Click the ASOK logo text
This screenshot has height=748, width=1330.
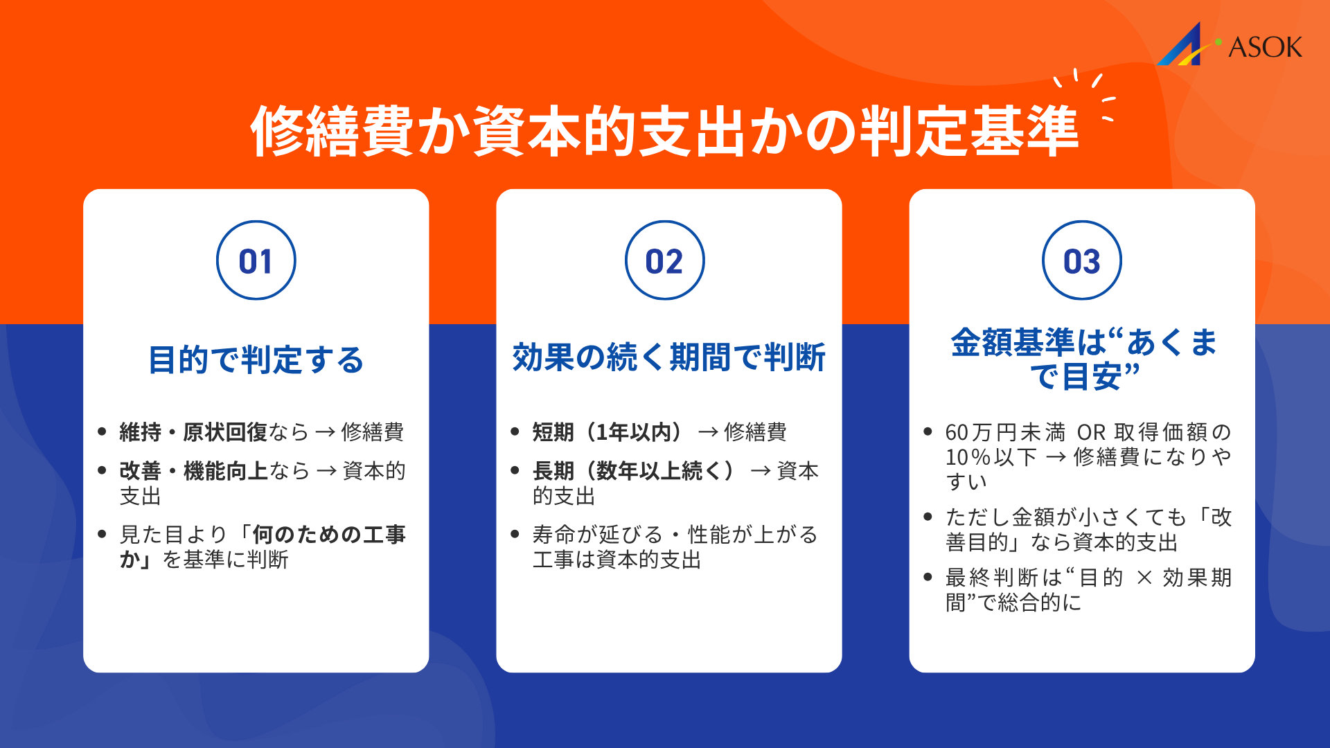[x=1265, y=47]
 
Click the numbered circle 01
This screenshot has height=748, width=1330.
[x=256, y=260]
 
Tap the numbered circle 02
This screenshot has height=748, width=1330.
[x=665, y=260]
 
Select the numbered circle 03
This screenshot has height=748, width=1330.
[x=1082, y=260]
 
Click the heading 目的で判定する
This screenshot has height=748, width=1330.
[x=256, y=360]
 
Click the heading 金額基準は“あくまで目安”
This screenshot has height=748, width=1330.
[x=1083, y=359]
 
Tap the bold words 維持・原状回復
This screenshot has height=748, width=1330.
[x=193, y=432]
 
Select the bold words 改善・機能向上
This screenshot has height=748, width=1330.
[x=194, y=471]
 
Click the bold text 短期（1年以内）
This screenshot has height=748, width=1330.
[x=607, y=432]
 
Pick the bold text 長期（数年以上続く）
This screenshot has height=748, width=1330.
[x=632, y=471]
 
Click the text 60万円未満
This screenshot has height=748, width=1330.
[x=1005, y=432]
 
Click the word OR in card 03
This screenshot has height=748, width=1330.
[x=1091, y=432]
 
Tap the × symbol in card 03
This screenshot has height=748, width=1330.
[x=1144, y=578]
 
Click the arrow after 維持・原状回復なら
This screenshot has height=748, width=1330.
[x=325, y=433]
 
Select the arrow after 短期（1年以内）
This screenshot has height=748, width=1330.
[x=708, y=433]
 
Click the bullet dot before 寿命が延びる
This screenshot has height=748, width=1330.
[x=515, y=534]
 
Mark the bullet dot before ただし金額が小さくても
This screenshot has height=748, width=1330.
[x=928, y=517]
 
